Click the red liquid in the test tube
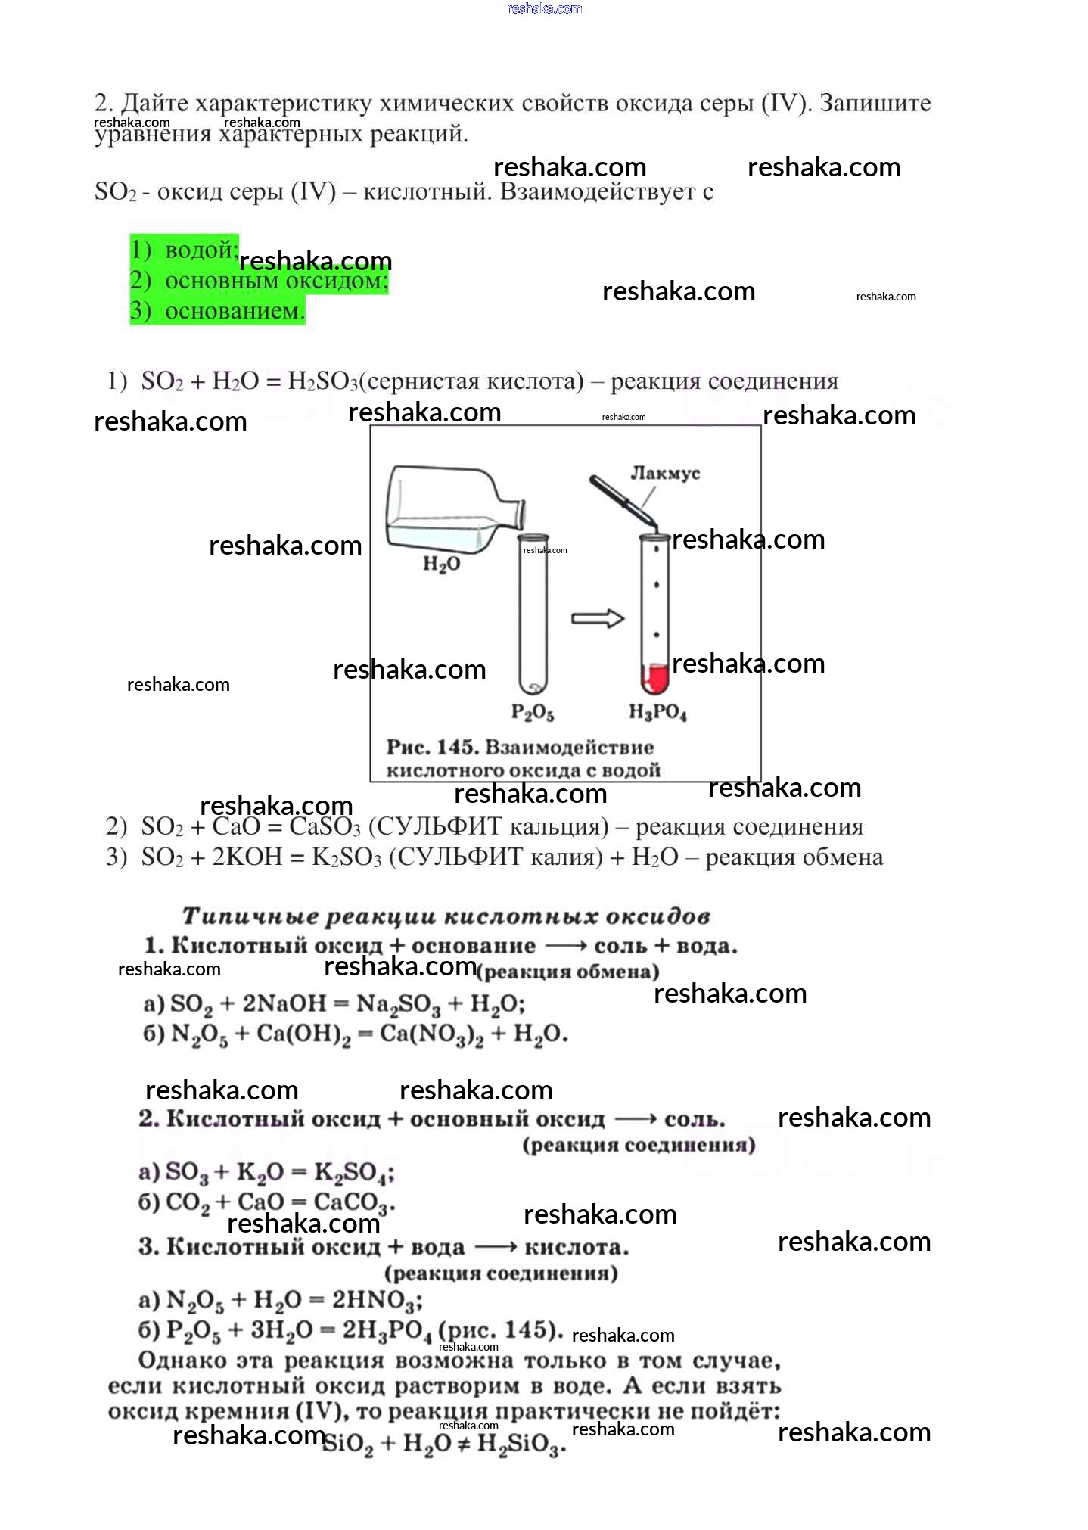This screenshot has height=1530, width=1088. point(655,678)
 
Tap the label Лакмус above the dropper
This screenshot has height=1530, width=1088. point(665,473)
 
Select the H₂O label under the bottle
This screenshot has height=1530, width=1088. point(441,564)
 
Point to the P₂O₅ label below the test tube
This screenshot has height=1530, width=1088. point(533,713)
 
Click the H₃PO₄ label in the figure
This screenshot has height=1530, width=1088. point(657,713)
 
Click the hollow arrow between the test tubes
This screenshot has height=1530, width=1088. point(597,618)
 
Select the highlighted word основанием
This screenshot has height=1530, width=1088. point(235,310)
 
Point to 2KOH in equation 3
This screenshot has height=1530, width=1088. point(247,857)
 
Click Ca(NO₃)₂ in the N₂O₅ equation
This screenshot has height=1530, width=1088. point(431,1034)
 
